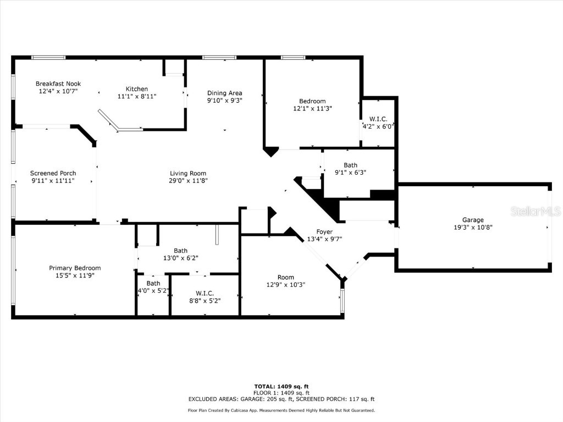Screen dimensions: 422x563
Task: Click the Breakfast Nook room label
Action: pos(58,84)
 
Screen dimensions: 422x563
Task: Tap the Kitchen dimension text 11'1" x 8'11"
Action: pos(137,96)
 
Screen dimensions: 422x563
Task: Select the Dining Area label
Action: pos(224,93)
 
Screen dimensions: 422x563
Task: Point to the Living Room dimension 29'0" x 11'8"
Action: pos(189,180)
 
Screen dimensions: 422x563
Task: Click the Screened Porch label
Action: pos(53,173)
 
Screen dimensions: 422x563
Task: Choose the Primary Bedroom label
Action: pos(75,268)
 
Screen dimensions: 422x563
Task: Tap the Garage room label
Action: pos(473,220)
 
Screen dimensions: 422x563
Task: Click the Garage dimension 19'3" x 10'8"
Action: pos(473,227)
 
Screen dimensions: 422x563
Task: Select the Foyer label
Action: pos(324,231)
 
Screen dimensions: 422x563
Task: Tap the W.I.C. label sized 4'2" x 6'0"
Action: pos(378,119)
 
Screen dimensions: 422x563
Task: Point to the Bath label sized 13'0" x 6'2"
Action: pos(180,251)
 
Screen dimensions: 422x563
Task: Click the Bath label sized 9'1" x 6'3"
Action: pos(350,165)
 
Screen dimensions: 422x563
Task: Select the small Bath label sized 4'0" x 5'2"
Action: pos(153,284)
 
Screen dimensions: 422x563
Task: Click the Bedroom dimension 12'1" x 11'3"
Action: pos(312,108)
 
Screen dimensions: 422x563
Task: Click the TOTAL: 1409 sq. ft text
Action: pos(281,386)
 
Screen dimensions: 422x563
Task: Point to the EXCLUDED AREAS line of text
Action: pos(281,399)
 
